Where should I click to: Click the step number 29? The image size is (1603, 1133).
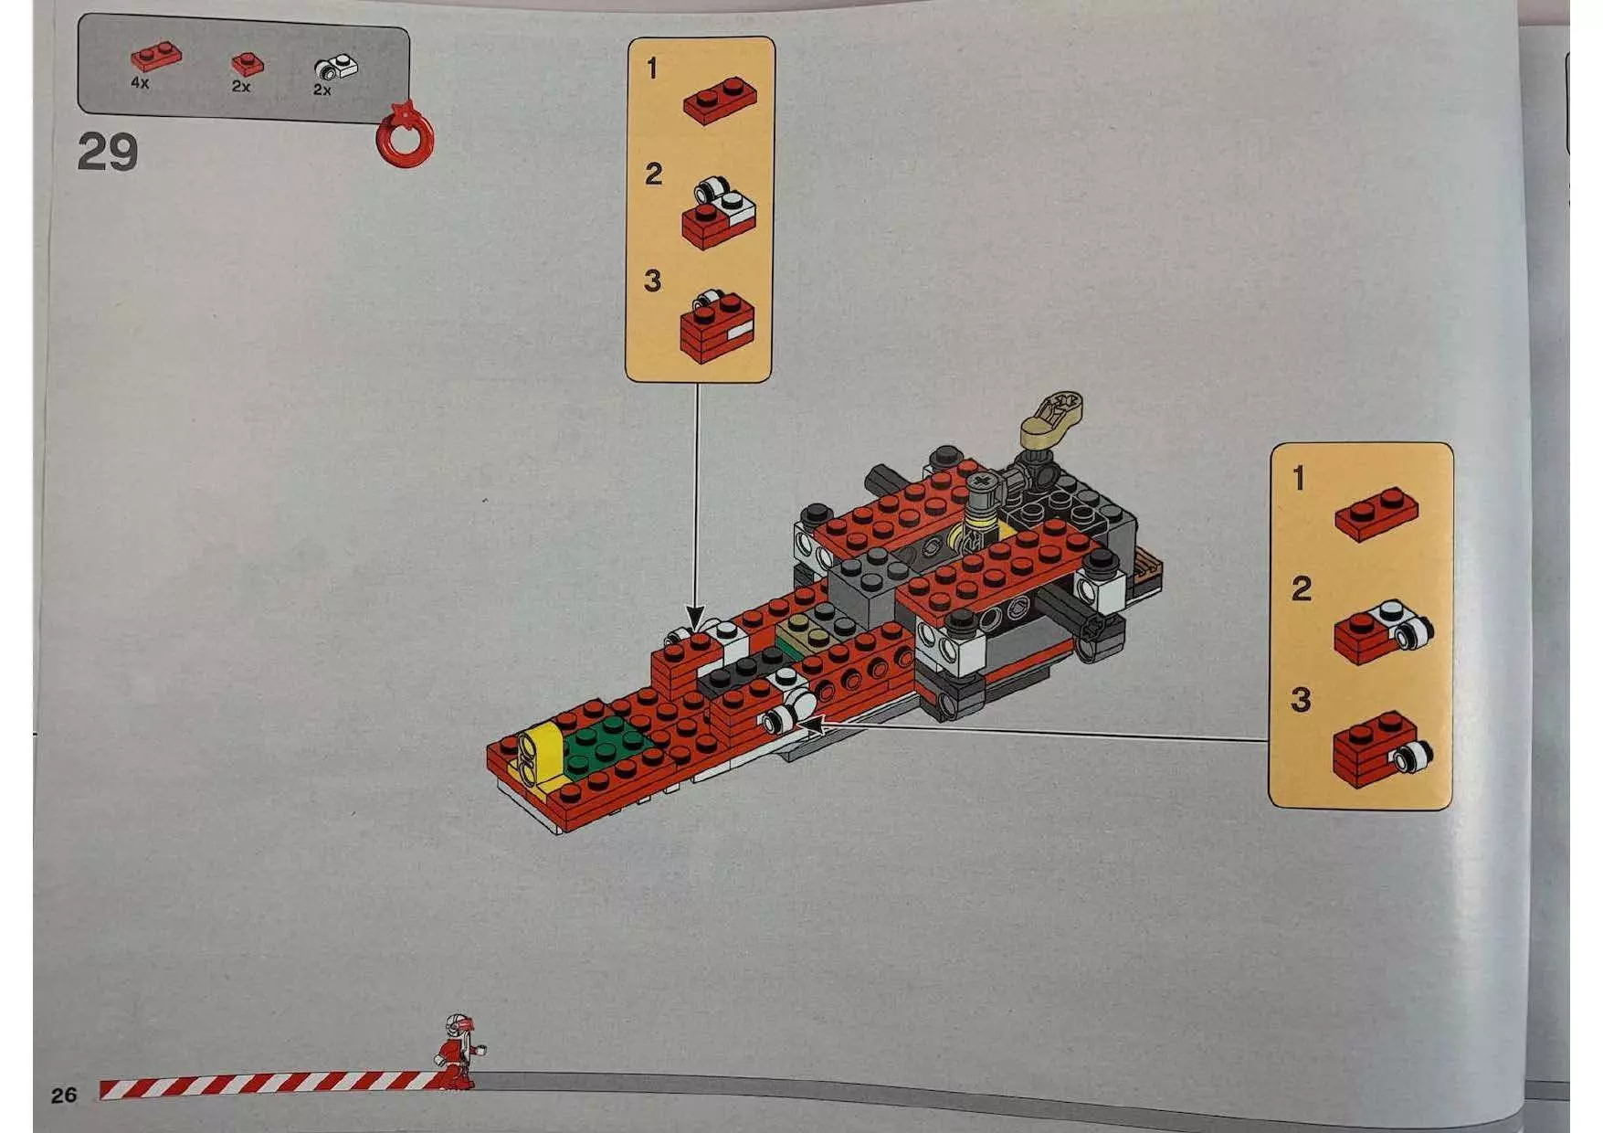point(107,152)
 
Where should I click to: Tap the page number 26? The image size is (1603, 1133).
point(63,1095)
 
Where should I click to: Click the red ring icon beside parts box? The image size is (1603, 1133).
point(404,137)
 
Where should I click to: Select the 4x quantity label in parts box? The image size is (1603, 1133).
point(140,83)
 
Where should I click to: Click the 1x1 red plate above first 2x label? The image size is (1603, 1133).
point(247,63)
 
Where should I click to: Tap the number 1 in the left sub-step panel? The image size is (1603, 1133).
point(651,69)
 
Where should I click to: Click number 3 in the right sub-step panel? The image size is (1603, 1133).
point(1300,701)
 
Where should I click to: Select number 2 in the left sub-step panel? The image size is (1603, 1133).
point(653,174)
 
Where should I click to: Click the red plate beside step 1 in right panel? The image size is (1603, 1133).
point(1376,514)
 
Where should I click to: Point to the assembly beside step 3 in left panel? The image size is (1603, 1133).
point(717,326)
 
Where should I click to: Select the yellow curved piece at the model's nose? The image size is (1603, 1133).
point(537,756)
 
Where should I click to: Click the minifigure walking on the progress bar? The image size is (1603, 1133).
point(459,1051)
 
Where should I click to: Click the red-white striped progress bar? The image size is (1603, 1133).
point(265,1085)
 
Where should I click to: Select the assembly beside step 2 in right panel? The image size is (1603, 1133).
point(1381,630)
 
